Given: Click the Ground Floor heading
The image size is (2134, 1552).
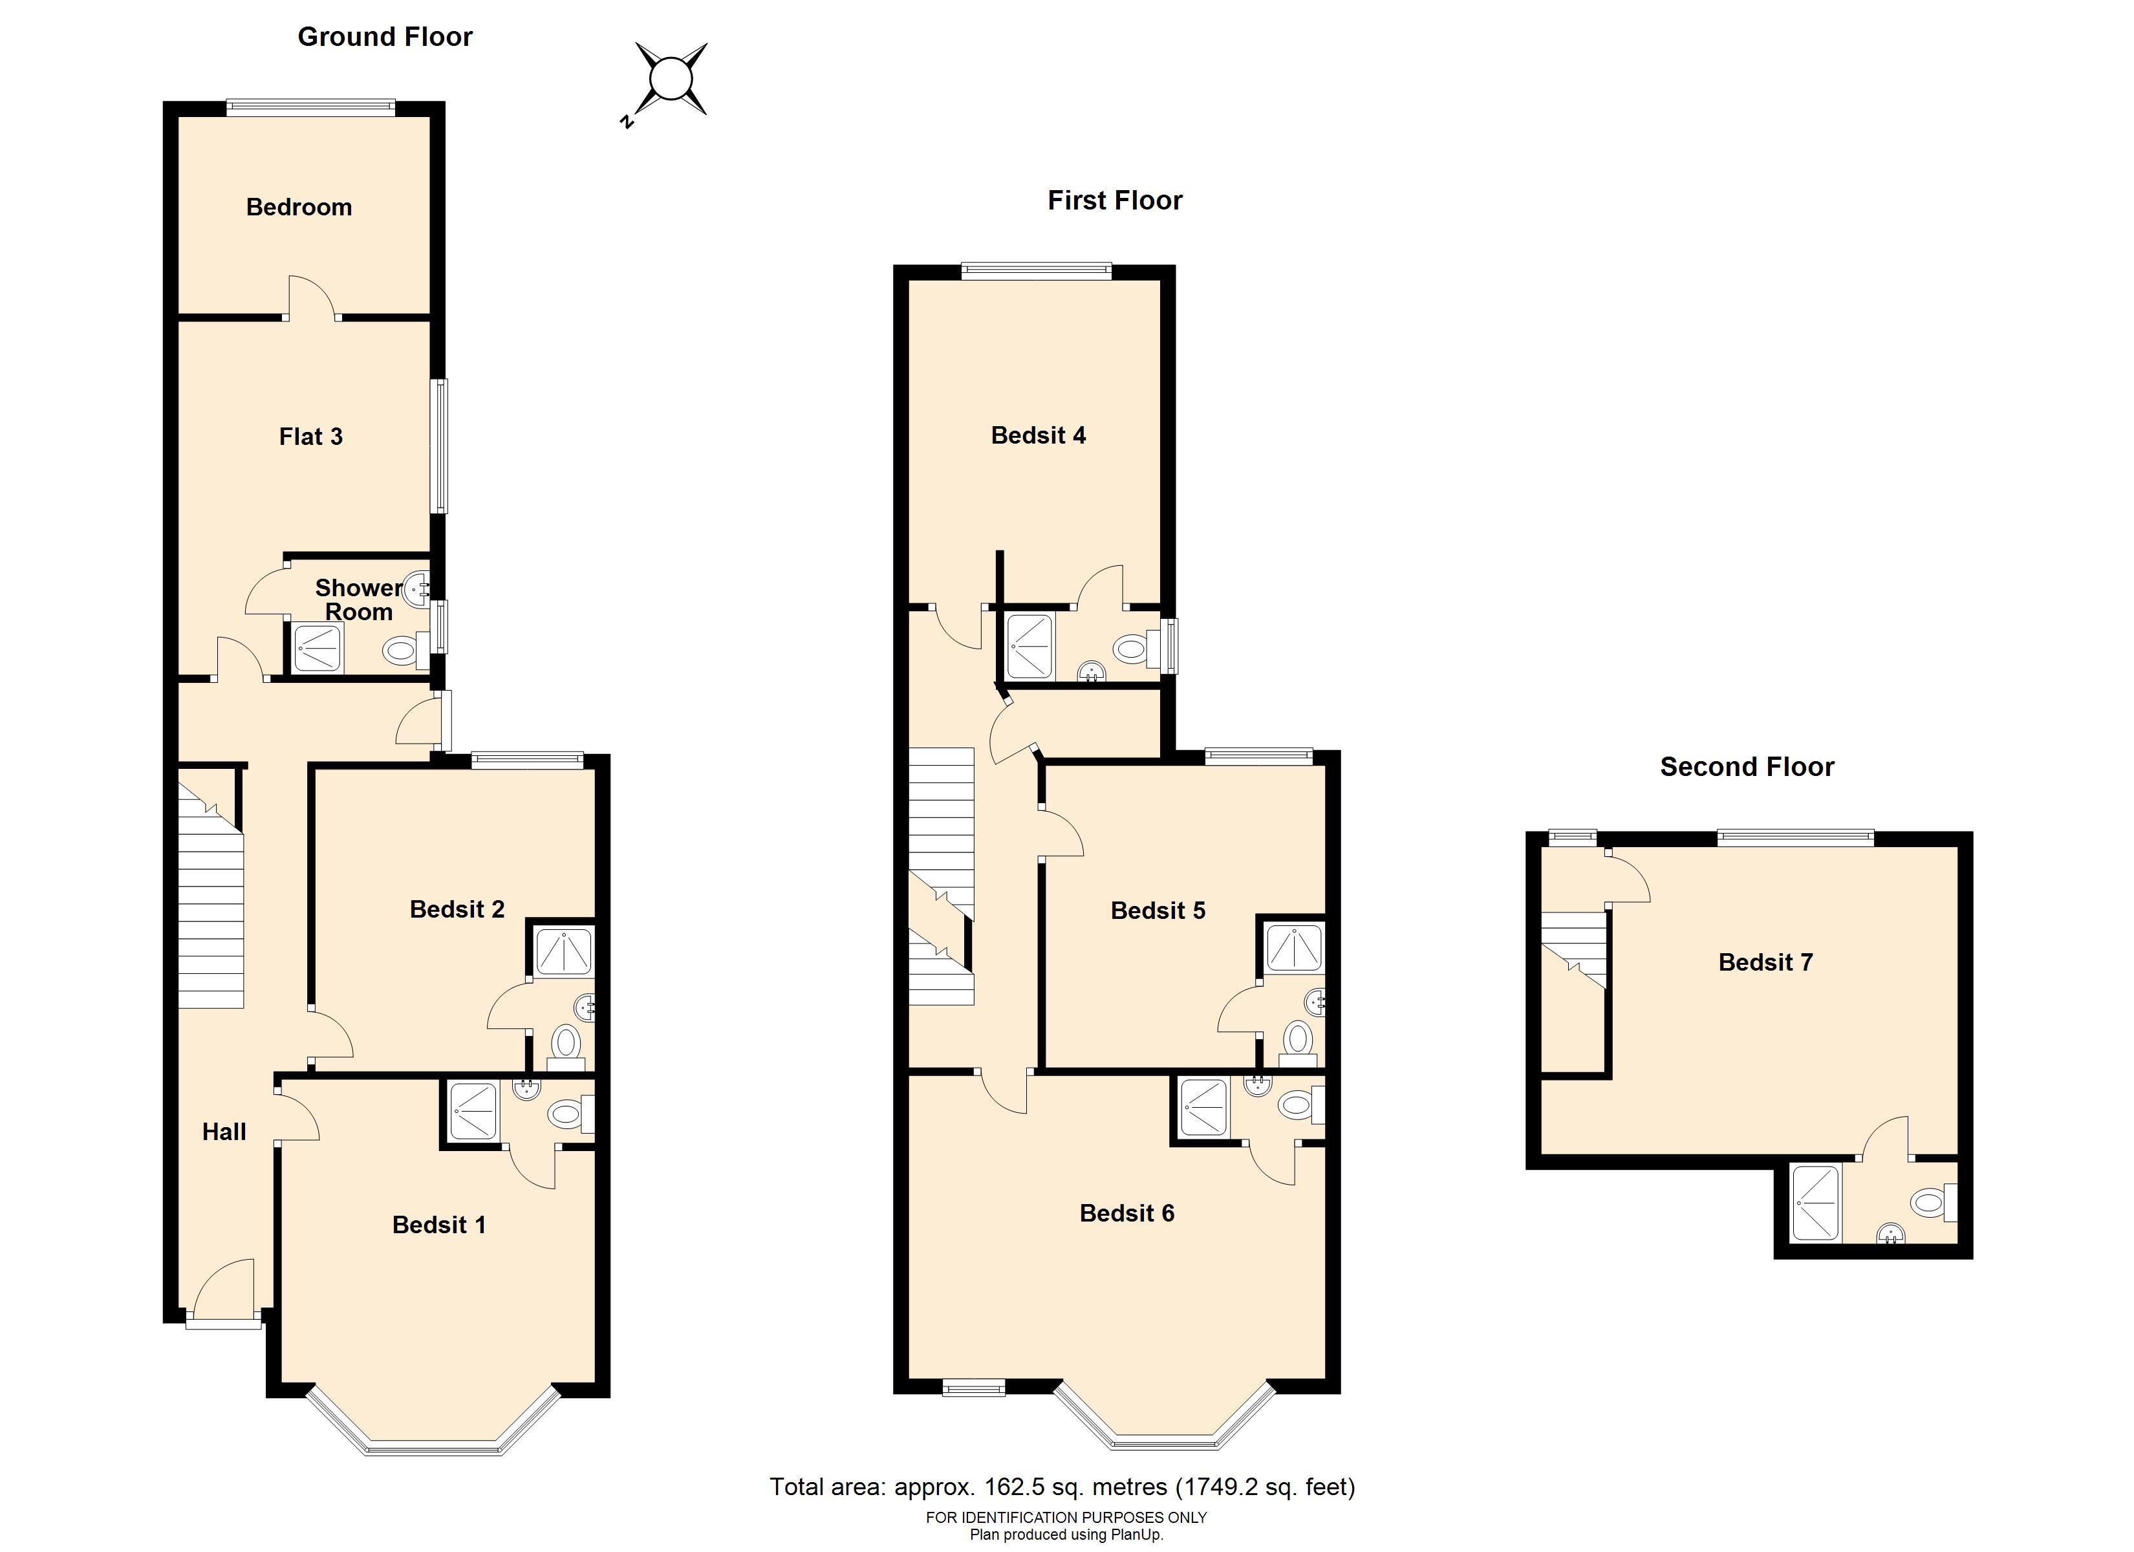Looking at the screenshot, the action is coord(385,37).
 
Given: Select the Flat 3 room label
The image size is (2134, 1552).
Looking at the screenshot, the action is coord(310,436).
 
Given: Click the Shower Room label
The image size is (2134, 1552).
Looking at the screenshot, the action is coord(358,599).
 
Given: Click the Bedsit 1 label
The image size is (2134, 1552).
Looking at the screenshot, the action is coord(438,1225).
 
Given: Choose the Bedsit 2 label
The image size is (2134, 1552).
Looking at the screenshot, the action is coord(457,909).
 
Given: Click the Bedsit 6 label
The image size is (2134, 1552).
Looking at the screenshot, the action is coord(1126,1213).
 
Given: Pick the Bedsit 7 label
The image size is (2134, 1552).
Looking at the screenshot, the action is coord(1765,962).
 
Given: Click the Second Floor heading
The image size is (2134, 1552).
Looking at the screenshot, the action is coord(1747,767).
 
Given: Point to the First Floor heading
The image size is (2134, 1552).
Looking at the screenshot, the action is coord(1115,200).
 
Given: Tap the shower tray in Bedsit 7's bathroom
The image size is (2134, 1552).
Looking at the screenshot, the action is coord(1815,1203).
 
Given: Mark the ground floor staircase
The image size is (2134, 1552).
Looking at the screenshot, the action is coord(211,889).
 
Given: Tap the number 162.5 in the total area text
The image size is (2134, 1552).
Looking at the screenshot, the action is coord(1011,1487).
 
